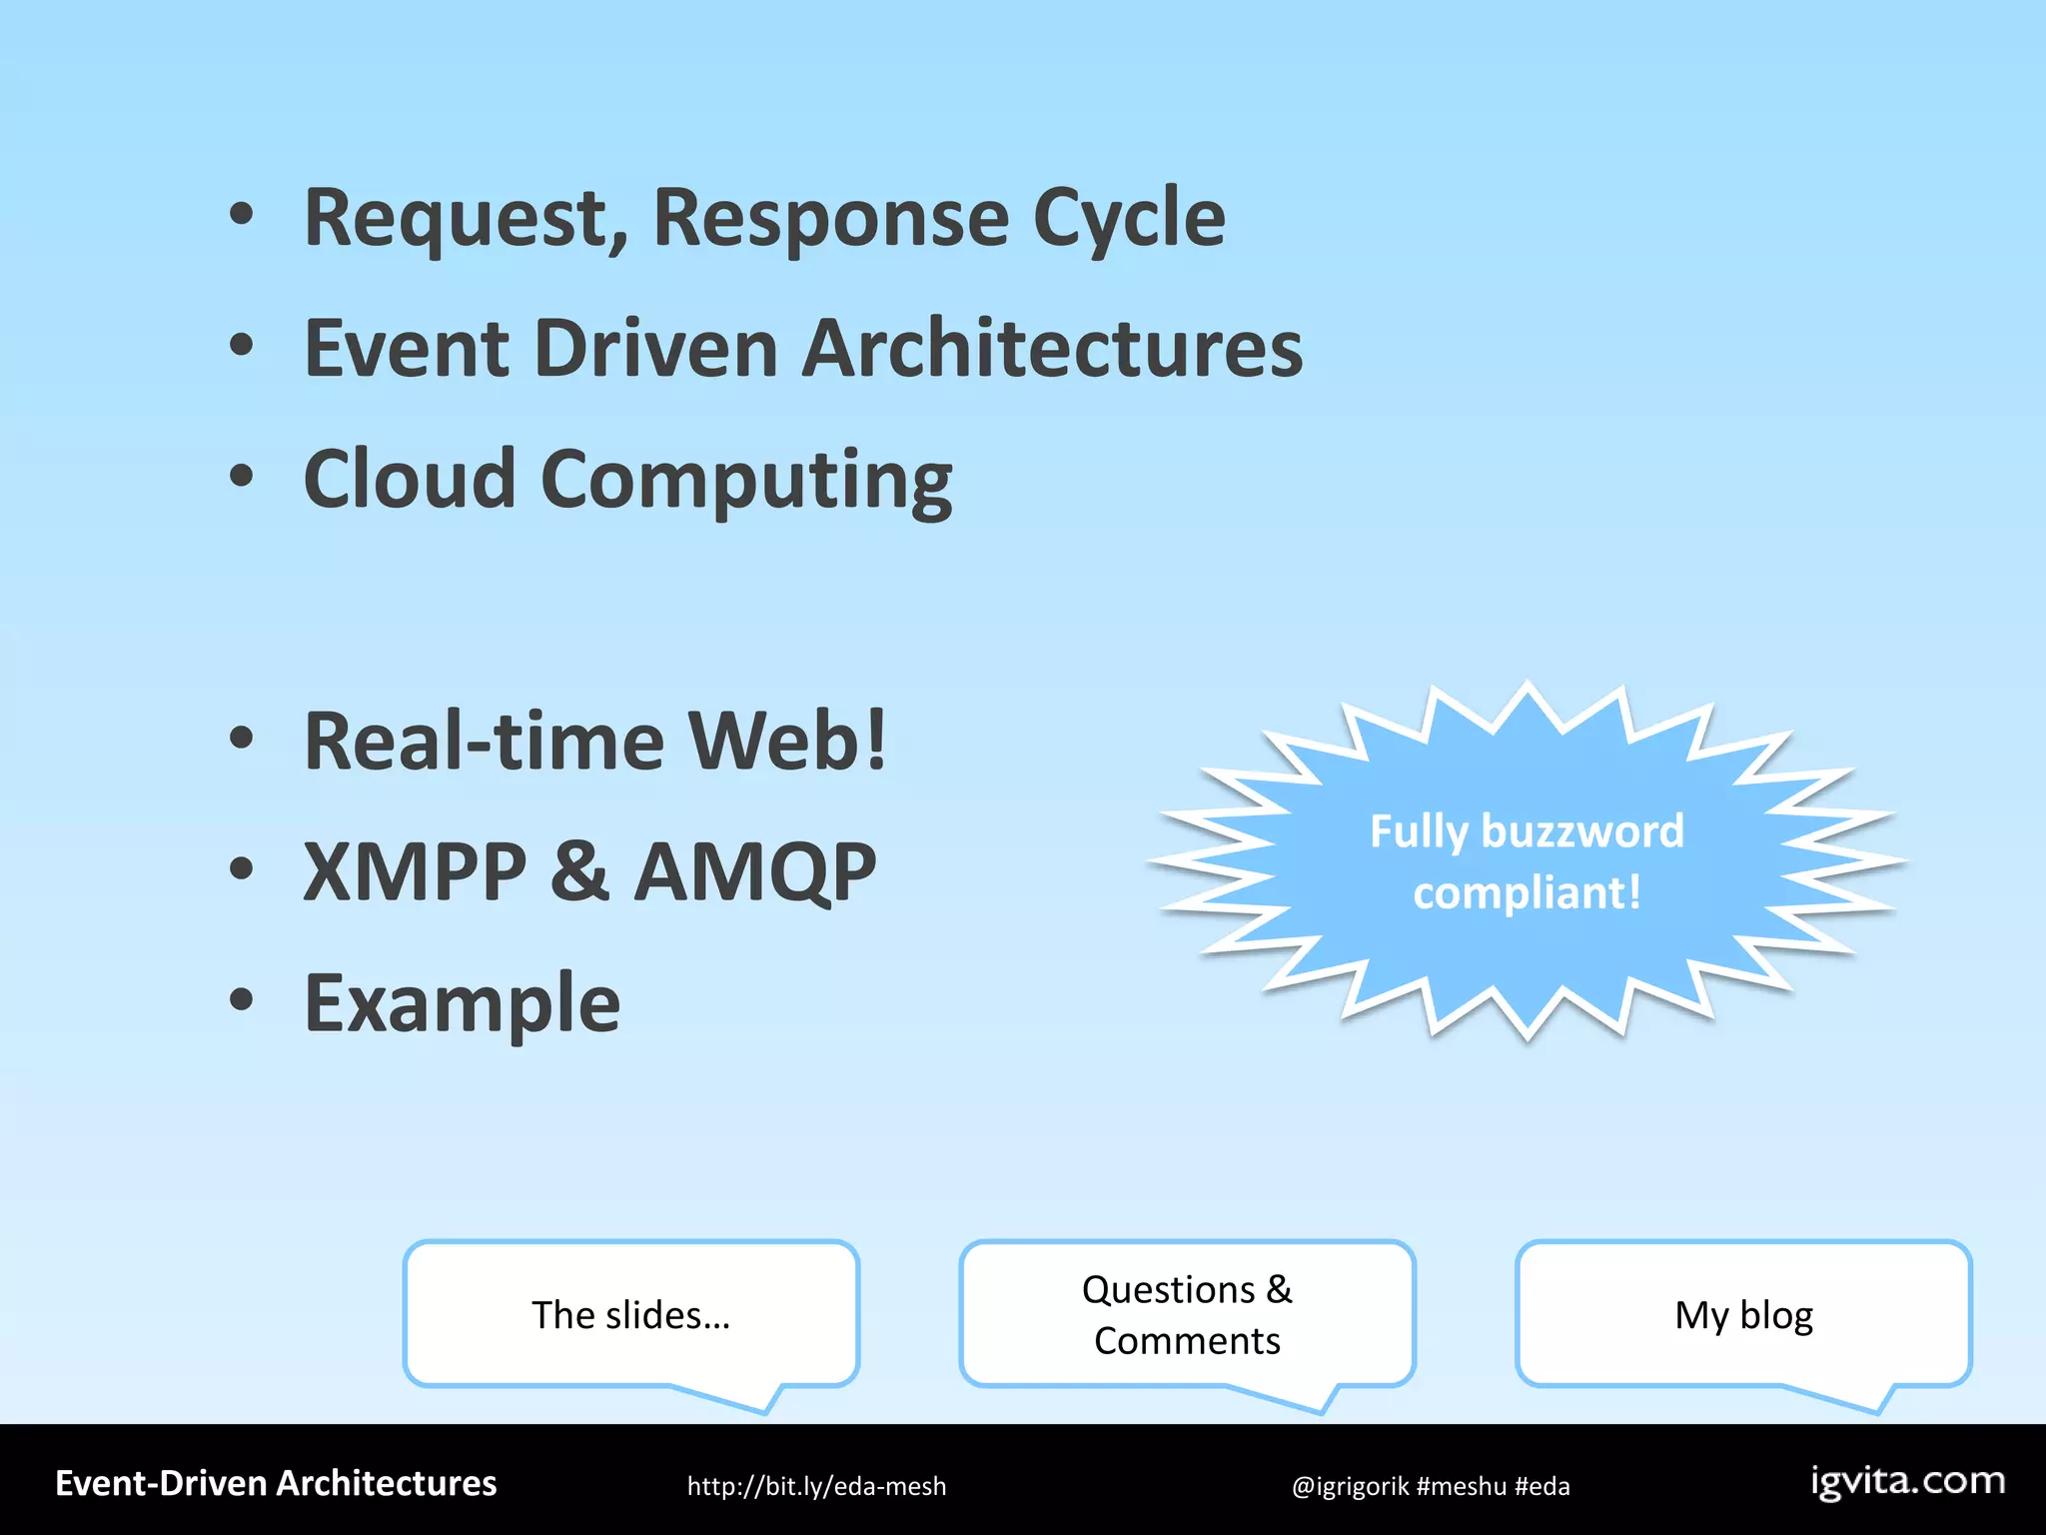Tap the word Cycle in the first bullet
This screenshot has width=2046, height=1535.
1128,219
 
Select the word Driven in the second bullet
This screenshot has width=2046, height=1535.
655,349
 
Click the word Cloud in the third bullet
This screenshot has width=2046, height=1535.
409,479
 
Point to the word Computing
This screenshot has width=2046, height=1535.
746,481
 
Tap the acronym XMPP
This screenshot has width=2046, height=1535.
415,871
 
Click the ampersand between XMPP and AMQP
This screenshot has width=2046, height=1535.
579,871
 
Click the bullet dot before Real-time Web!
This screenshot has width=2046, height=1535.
241,739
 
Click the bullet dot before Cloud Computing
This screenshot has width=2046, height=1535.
241,476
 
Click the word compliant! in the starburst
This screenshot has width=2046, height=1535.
1527,892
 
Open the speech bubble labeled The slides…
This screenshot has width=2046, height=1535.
630,1314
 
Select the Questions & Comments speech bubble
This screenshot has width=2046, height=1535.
1187,1314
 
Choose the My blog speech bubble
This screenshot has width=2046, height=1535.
1743,1314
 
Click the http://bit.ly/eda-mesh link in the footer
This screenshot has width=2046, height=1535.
816,1486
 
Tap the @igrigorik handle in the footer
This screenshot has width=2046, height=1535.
1349,1486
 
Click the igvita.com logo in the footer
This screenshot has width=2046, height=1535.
1907,1481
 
